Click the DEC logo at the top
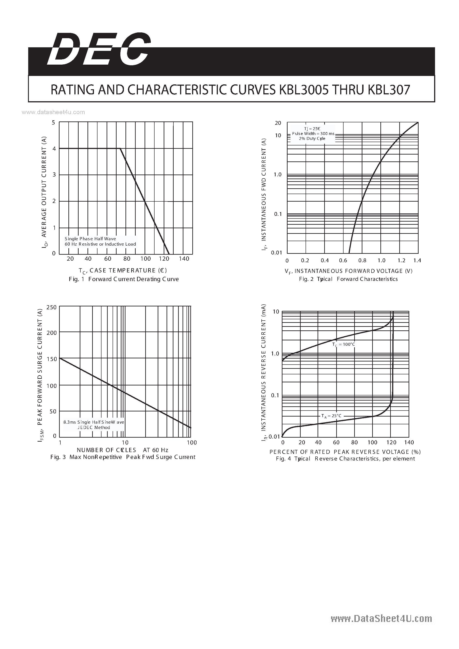coord(99,50)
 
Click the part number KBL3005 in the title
coord(304,90)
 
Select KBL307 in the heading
coord(389,90)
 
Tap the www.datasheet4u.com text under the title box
coord(53,112)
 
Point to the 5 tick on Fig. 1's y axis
coord(54,123)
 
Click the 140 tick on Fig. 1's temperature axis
coord(184,259)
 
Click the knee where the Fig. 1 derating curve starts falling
coord(120,148)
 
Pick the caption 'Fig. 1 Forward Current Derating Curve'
coord(124,279)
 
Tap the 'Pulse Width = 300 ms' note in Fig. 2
coord(313,134)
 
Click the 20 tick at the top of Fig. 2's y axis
coord(278,123)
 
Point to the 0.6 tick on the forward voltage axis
coord(343,261)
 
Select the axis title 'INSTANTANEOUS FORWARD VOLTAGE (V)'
coord(353,271)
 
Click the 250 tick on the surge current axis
coord(52,308)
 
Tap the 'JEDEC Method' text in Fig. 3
coord(94,427)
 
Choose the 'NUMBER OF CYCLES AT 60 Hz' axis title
coord(122,450)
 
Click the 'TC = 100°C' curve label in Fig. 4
coord(343,345)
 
